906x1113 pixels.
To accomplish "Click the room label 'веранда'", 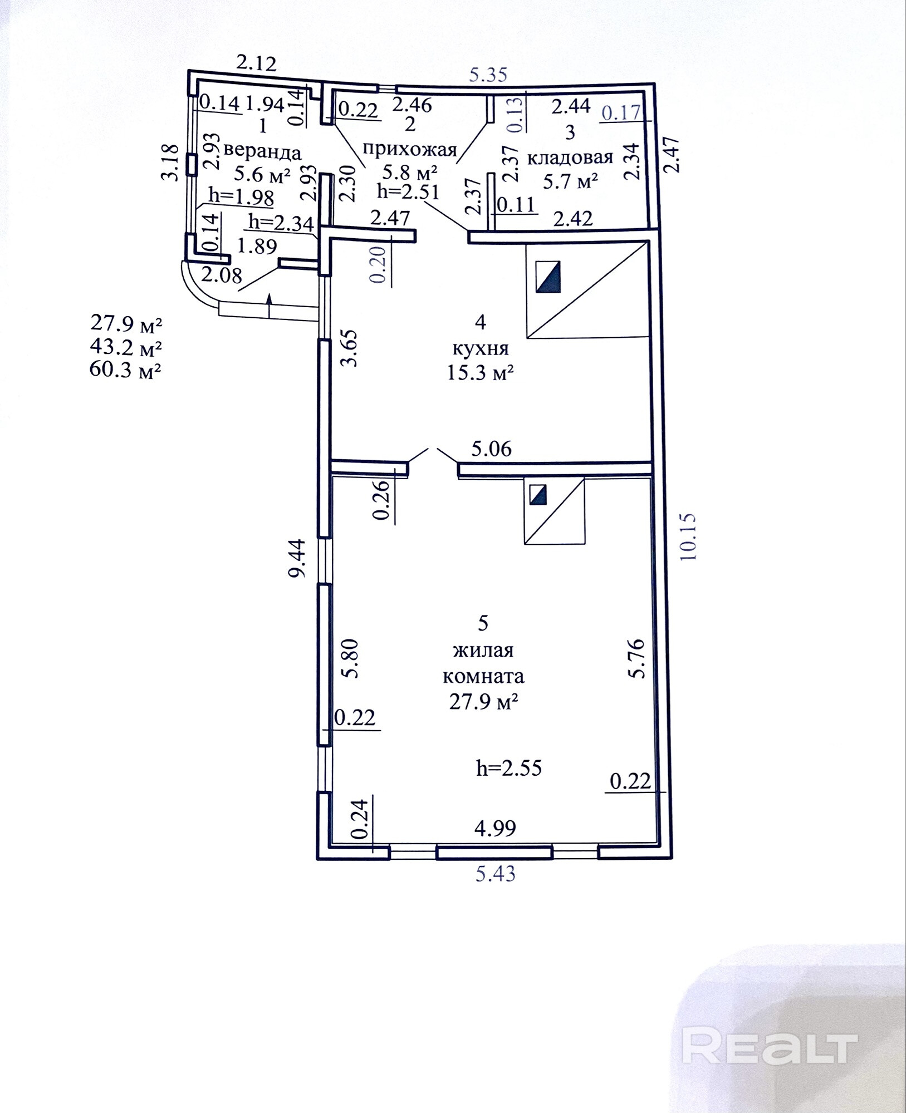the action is [262, 152].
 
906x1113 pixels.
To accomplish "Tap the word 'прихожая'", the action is [410, 149].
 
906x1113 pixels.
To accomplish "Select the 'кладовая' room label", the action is [570, 157].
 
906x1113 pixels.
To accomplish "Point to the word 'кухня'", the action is [481, 348].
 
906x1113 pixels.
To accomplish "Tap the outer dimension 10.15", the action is [688, 536].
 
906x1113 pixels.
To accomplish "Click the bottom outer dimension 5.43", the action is [495, 874].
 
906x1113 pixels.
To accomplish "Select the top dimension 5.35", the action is [488, 74].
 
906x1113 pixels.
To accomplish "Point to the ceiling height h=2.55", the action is [509, 769].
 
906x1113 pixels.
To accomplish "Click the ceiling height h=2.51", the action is [408, 191].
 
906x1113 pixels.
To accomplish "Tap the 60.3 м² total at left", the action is [126, 370].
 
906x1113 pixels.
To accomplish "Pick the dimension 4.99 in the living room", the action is [495, 828].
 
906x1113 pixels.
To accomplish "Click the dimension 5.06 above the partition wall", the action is [491, 449].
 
